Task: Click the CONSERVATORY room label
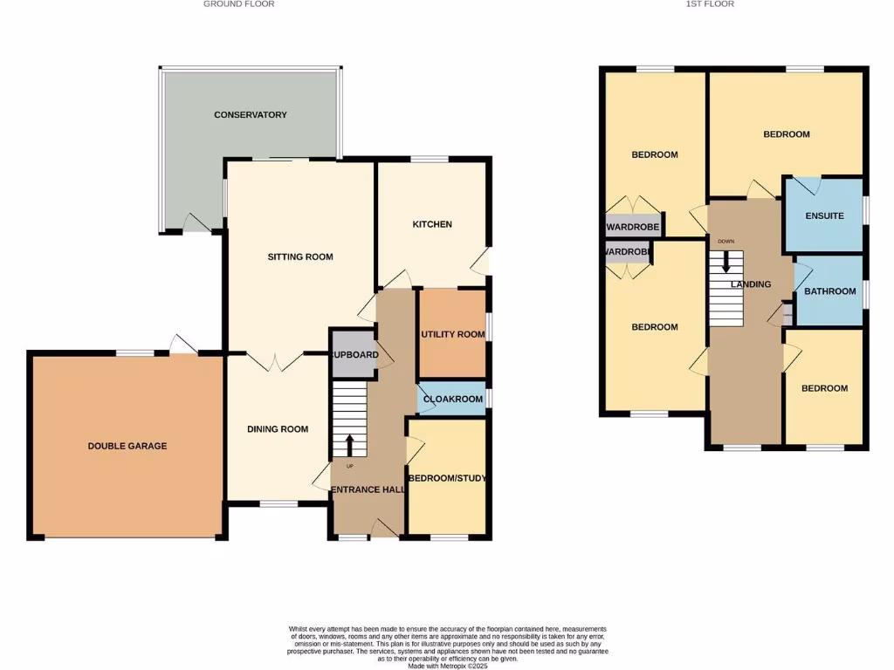pyautogui.click(x=251, y=115)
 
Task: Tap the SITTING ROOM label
pyautogui.click(x=300, y=256)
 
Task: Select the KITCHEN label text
pyautogui.click(x=432, y=224)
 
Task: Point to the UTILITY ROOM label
pyautogui.click(x=452, y=335)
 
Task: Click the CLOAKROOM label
pyautogui.click(x=452, y=400)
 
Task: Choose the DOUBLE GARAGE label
pyautogui.click(x=127, y=446)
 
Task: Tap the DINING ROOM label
pyautogui.click(x=278, y=428)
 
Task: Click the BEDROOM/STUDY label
pyautogui.click(x=449, y=478)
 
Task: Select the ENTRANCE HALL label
pyautogui.click(x=368, y=490)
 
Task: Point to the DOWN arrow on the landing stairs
pyautogui.click(x=726, y=262)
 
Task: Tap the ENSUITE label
pyautogui.click(x=824, y=215)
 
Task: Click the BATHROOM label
pyautogui.click(x=829, y=291)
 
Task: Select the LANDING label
pyautogui.click(x=751, y=284)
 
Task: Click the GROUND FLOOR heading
pyautogui.click(x=238, y=4)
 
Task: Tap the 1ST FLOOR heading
pyautogui.click(x=710, y=4)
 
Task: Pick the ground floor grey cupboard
pyautogui.click(x=354, y=354)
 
